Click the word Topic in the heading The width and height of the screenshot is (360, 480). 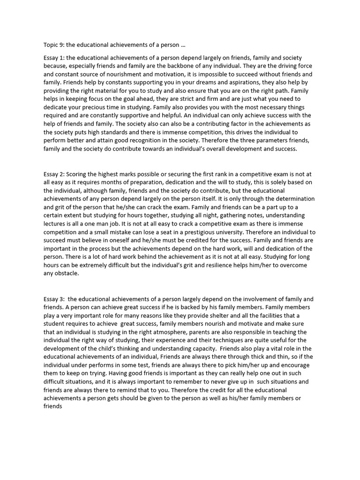click(x=51, y=45)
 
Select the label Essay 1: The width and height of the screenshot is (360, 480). click(x=54, y=58)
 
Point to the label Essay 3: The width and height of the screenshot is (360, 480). click(x=54, y=299)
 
